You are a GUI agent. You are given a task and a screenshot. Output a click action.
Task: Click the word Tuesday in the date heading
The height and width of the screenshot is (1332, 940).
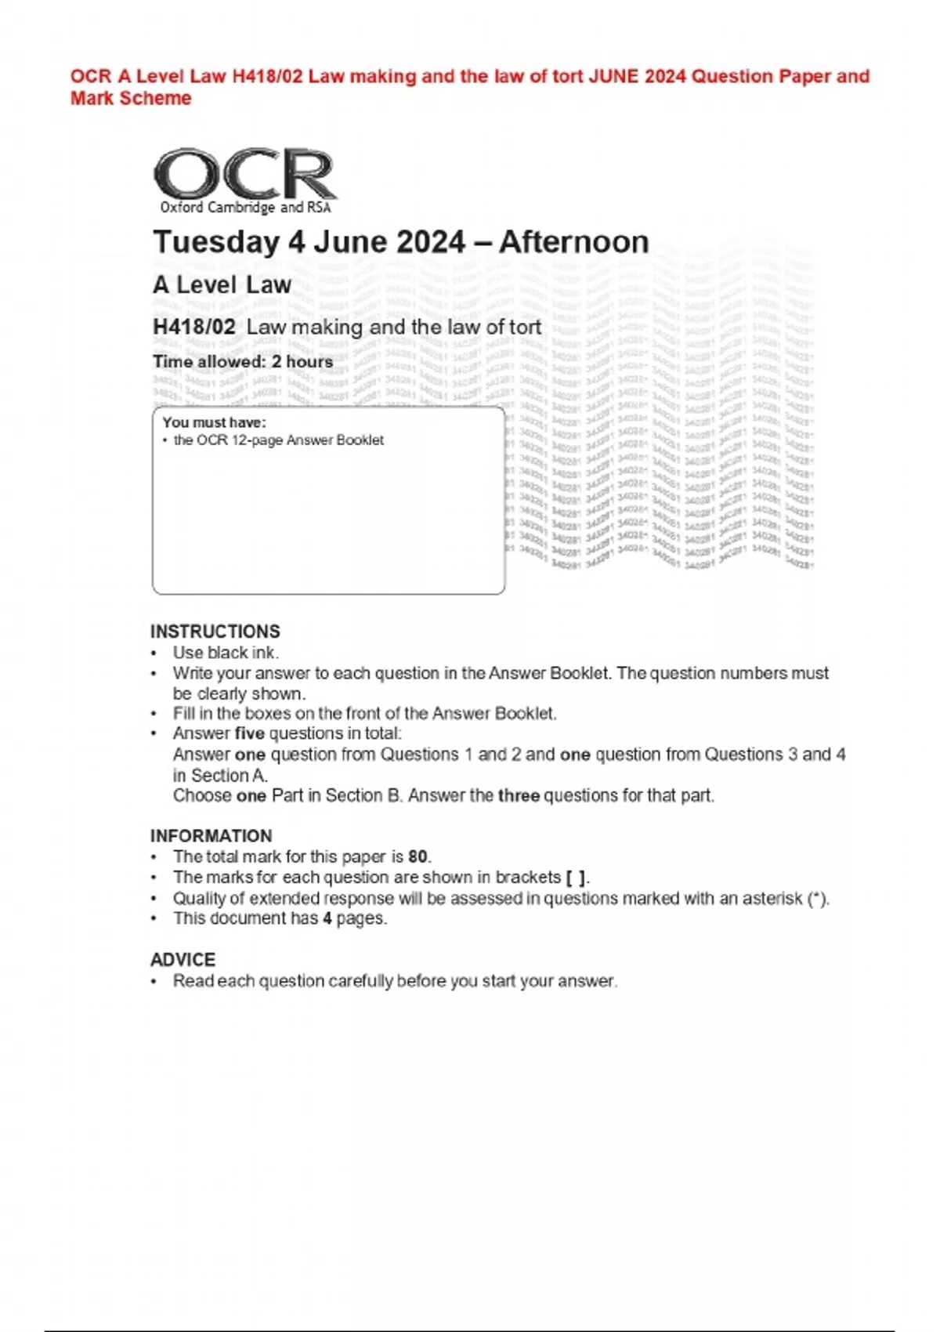(x=215, y=242)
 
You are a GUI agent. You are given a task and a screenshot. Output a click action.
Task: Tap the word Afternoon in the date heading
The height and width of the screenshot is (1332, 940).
(x=573, y=242)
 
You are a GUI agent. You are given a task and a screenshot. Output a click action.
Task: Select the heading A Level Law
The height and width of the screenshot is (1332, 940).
(x=222, y=285)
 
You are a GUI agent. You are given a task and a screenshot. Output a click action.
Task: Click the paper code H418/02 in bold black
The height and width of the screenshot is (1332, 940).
(x=193, y=327)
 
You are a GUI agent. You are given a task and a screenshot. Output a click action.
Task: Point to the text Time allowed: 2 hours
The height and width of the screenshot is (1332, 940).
(x=243, y=362)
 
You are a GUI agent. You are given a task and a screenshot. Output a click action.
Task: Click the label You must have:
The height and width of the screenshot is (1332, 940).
(x=214, y=422)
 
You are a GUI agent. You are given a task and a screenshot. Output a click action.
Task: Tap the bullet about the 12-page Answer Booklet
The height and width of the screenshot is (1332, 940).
(x=278, y=440)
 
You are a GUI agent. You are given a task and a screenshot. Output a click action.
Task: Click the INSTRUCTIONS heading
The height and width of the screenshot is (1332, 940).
(x=215, y=632)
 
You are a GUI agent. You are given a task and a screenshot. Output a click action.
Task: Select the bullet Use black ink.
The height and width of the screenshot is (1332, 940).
(x=226, y=653)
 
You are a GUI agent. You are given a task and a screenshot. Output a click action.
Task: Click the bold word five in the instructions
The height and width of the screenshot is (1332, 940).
(x=249, y=734)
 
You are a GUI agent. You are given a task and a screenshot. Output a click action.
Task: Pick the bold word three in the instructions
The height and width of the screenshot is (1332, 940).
(x=519, y=796)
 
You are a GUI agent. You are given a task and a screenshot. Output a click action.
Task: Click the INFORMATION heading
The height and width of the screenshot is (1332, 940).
(x=211, y=836)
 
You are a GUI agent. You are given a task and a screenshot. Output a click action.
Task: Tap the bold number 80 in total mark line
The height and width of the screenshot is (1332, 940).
(x=418, y=857)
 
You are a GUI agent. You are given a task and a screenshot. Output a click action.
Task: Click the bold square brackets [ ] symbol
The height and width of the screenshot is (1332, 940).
(x=576, y=878)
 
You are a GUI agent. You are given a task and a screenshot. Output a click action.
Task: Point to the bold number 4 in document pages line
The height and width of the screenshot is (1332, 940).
(x=327, y=918)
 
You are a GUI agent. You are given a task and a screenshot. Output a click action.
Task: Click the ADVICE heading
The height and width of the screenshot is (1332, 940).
(x=183, y=960)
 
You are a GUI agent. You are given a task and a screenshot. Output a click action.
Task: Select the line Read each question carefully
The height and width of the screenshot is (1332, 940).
(x=395, y=981)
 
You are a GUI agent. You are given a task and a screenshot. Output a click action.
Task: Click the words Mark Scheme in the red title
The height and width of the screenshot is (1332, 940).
(x=131, y=99)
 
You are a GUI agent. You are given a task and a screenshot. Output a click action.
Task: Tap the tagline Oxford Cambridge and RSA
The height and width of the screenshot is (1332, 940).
(x=245, y=208)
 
